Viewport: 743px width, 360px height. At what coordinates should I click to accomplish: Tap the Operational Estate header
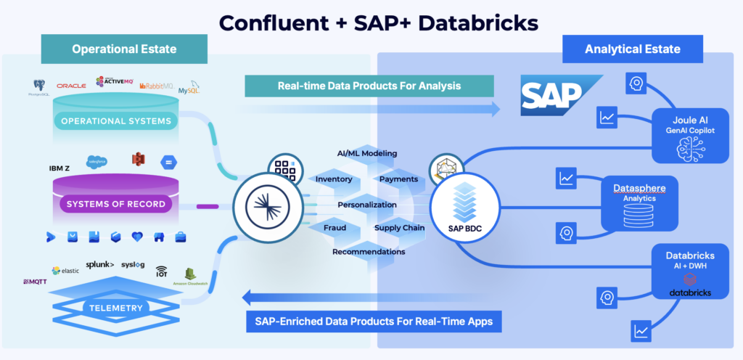[124, 49]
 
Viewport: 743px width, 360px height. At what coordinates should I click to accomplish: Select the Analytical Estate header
[633, 49]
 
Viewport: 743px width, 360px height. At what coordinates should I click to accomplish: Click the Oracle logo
[71, 86]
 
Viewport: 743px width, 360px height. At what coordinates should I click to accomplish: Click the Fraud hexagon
[334, 228]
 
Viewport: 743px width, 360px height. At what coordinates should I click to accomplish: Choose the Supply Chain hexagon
[399, 228]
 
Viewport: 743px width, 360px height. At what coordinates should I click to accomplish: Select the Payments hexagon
[398, 179]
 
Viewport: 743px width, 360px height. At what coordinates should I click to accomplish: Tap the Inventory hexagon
[334, 179]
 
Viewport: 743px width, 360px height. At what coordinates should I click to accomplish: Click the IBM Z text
[59, 168]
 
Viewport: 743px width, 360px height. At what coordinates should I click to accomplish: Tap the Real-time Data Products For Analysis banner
[369, 86]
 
